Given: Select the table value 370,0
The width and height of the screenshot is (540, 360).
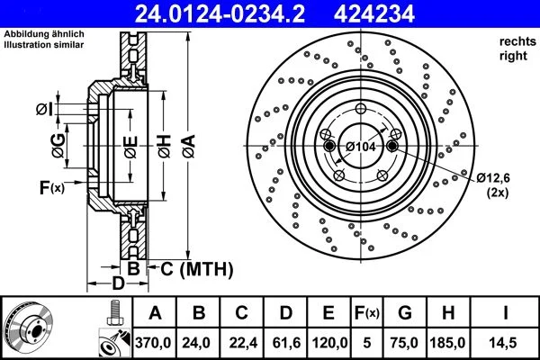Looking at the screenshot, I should point(154,342).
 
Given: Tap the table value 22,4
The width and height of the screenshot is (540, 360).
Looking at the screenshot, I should point(240,342).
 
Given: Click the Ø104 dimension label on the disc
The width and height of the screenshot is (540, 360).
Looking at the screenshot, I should point(362,147).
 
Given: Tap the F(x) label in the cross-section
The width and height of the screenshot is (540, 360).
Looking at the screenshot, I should point(51,187).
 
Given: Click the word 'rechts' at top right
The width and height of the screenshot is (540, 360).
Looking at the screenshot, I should point(514,42).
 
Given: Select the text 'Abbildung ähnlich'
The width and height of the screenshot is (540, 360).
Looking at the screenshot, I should point(44,33).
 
